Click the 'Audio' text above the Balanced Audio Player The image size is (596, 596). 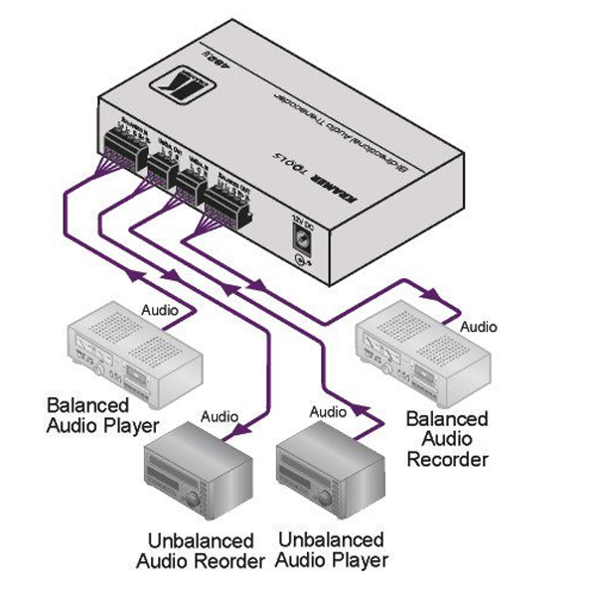tap(161, 309)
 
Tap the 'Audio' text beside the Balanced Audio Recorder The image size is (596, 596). tap(478, 327)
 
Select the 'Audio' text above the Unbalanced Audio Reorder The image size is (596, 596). tap(220, 416)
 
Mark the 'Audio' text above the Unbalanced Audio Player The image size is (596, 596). tap(329, 410)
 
